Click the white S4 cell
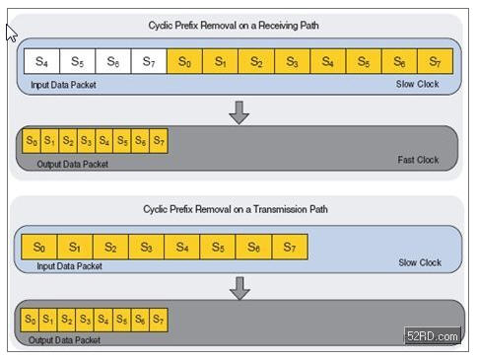(41, 61)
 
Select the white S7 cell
(149, 61)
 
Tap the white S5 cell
(78, 61)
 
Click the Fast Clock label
(418, 160)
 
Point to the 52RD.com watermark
(433, 336)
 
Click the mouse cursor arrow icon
(11, 33)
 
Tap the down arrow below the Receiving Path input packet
(238, 112)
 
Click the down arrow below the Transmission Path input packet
(239, 288)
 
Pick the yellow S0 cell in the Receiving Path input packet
(184, 61)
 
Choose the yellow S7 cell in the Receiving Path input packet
(436, 61)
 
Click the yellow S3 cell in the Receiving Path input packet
(292, 61)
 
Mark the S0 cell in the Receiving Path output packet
(32, 141)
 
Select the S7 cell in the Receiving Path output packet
(159, 141)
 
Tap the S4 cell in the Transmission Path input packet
(182, 247)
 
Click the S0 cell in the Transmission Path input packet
(39, 247)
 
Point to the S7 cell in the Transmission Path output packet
(159, 320)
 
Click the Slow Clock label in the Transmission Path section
(420, 262)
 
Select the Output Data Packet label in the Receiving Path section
(72, 164)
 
